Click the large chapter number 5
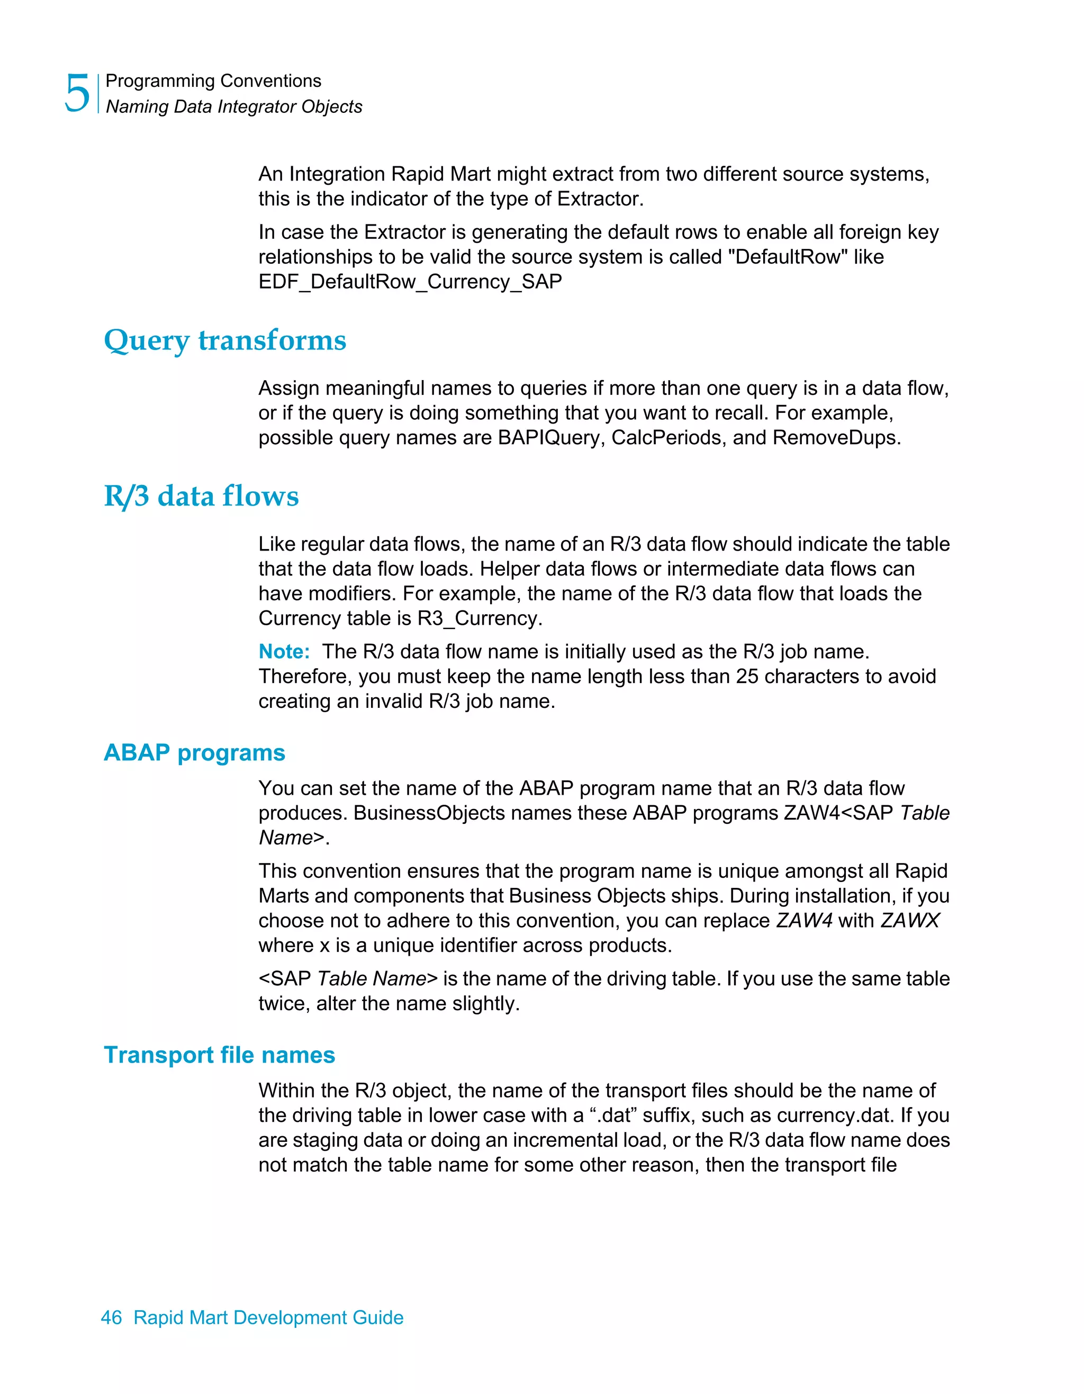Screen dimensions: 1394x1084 pos(77,94)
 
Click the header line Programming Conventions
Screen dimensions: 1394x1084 pos(213,81)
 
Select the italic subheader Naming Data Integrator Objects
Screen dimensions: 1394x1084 pos(233,106)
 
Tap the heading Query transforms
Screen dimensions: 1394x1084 pos(224,340)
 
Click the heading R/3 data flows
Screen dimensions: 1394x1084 pos(201,496)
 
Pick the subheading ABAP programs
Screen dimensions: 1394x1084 pos(194,752)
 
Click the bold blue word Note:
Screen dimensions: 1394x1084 pos(284,652)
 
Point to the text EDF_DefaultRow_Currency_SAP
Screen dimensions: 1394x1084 pos(410,282)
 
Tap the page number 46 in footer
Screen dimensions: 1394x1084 pos(112,1317)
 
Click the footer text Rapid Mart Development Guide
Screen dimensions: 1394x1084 pos(268,1317)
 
